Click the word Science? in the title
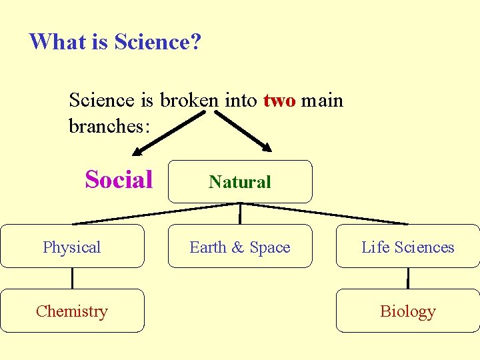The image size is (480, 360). [157, 42]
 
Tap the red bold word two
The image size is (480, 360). [279, 101]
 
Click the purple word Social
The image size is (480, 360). [119, 179]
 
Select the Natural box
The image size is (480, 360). [240, 181]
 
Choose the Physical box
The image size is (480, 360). [72, 247]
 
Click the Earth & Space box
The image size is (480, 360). [240, 247]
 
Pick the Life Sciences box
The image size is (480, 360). [407, 247]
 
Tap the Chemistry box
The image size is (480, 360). [72, 311]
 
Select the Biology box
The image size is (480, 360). [407, 311]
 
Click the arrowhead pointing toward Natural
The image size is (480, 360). [266, 148]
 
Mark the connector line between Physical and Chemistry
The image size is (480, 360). [72, 278]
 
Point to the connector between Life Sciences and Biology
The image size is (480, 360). [407, 278]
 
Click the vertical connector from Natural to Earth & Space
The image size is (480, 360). [240, 213]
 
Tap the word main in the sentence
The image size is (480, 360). [322, 101]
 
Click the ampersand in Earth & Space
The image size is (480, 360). [238, 247]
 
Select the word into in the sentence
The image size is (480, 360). [241, 101]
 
